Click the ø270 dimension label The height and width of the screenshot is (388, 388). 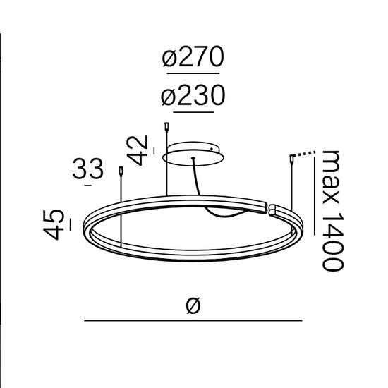(193, 59)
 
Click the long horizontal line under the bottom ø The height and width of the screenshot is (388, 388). (194, 322)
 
